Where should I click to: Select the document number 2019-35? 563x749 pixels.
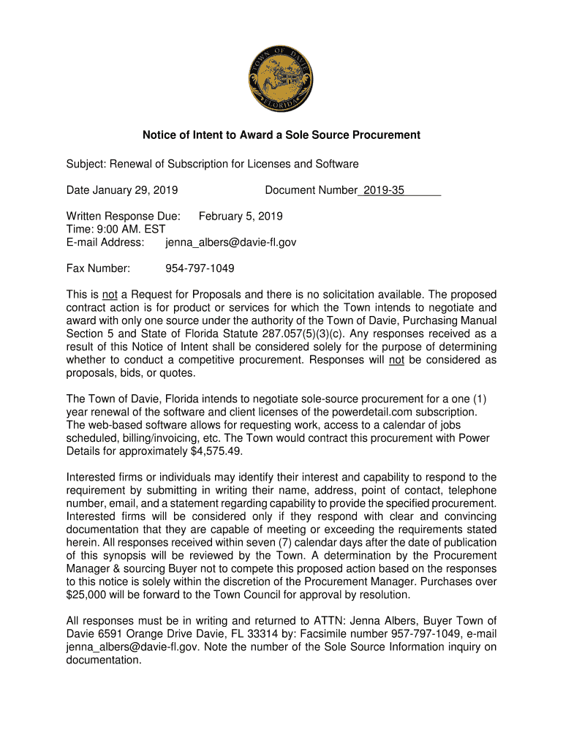point(384,190)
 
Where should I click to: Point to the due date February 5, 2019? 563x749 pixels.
point(241,217)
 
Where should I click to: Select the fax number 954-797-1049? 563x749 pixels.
point(200,268)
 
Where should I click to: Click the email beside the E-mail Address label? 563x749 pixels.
point(230,242)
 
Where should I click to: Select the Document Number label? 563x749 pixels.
point(311,190)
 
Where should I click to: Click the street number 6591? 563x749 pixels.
point(107,634)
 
